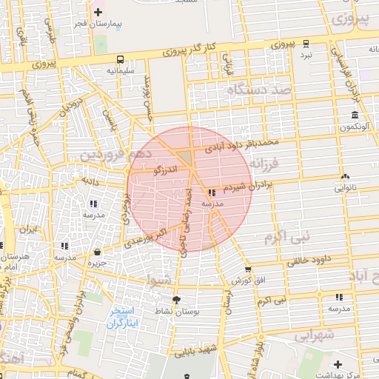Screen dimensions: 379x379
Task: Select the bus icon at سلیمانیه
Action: coord(120,59)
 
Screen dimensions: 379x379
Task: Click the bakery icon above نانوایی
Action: coord(345,176)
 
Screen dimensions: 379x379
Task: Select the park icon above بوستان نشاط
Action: coord(175,300)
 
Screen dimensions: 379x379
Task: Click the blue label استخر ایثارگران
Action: coord(122,316)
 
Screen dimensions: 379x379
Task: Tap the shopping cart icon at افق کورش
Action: coord(247,270)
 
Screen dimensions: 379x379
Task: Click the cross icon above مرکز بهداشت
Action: coord(338,364)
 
